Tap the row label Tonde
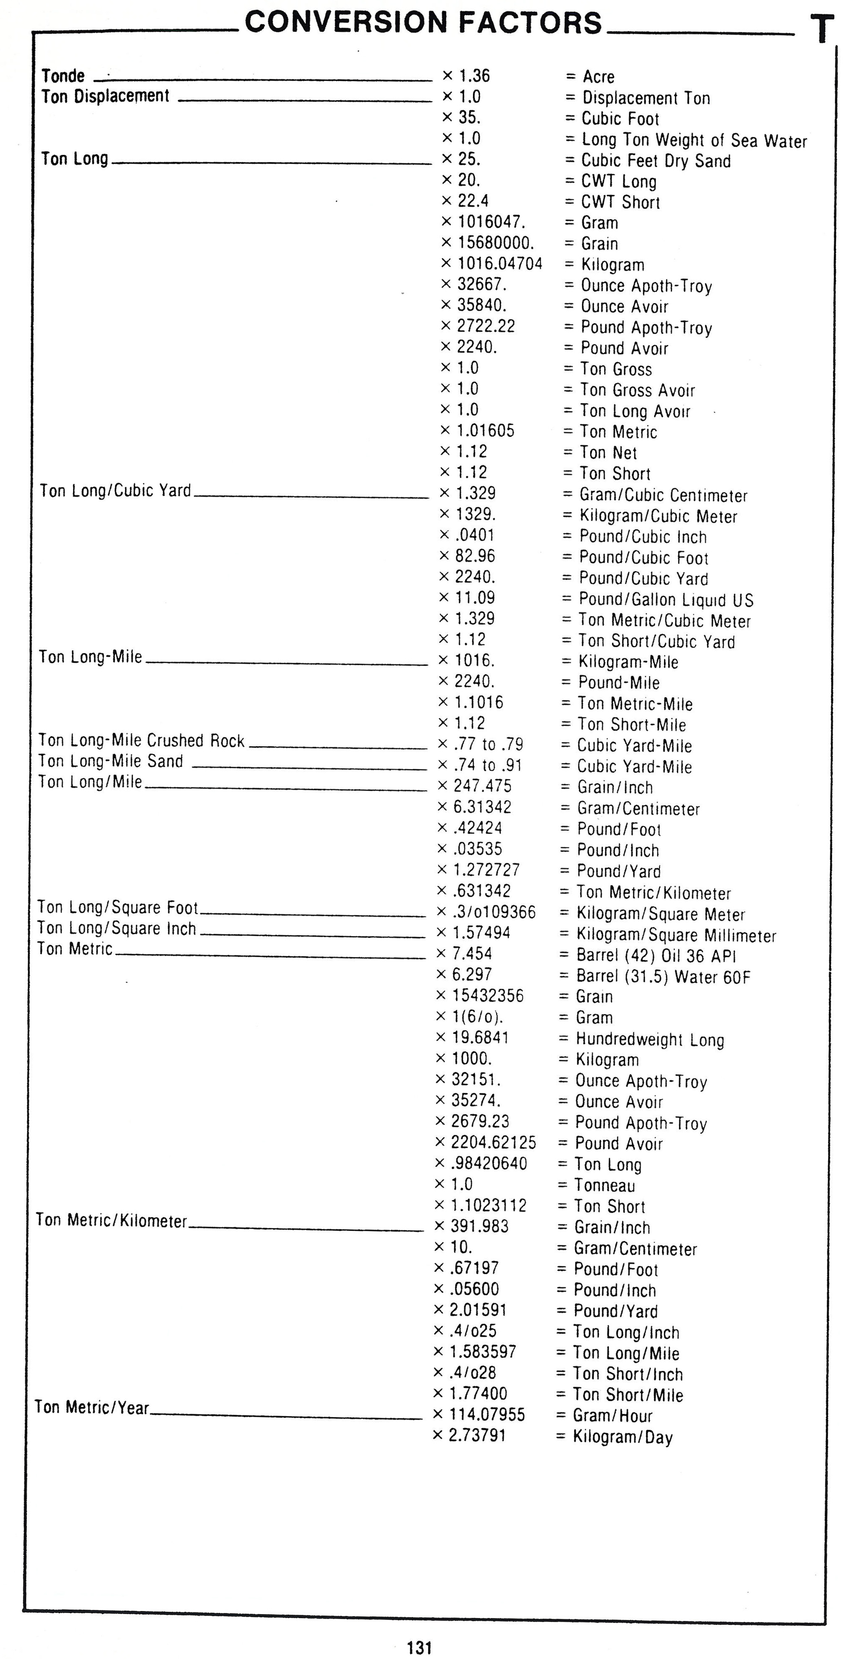click(63, 76)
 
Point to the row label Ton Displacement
click(105, 96)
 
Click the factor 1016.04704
click(499, 264)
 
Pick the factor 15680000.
click(496, 243)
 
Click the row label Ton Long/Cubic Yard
click(115, 491)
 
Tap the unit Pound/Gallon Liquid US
click(666, 600)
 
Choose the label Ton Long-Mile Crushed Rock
click(141, 741)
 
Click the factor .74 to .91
click(487, 765)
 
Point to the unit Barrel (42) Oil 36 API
click(656, 955)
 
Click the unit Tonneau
click(604, 1185)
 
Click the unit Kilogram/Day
click(622, 1437)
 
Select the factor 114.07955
click(487, 1414)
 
